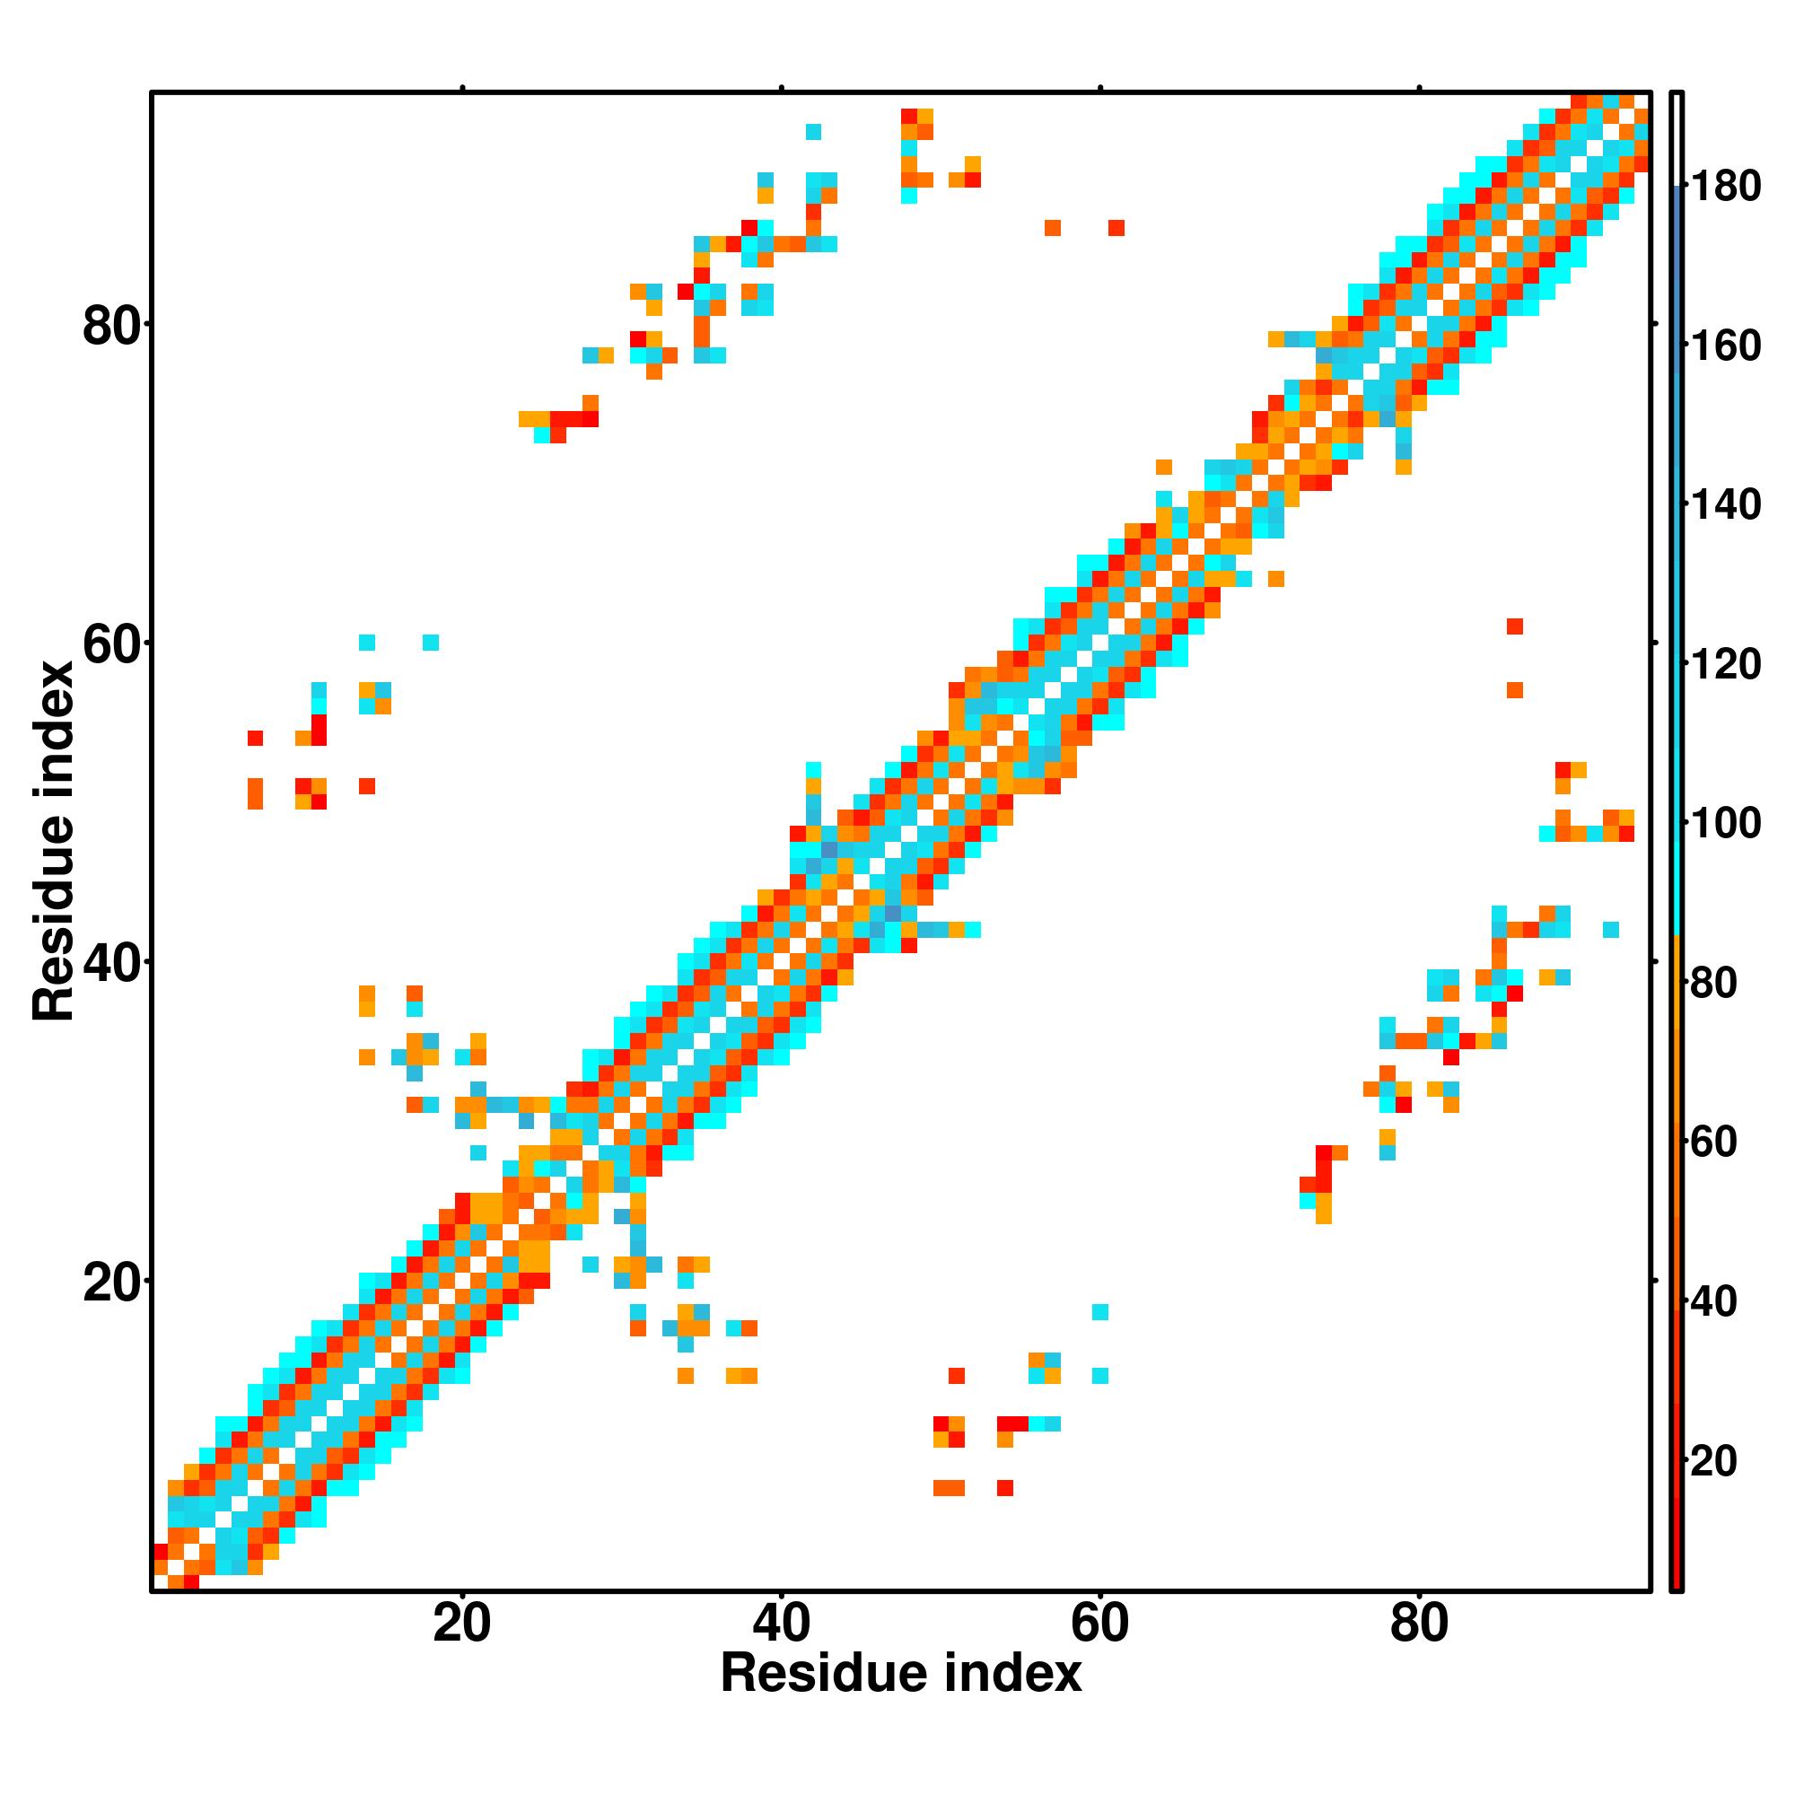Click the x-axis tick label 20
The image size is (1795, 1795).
461,1624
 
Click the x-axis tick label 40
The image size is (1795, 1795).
782,1624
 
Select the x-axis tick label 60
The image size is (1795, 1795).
1100,1624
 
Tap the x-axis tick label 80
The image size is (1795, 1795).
1419,1624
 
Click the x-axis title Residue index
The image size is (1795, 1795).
900,1674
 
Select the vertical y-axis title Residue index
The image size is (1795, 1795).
53,841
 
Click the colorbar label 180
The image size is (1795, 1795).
1725,187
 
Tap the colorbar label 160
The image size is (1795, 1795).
1725,346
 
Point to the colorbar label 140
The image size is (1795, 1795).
1725,505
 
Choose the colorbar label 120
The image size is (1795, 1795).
1725,664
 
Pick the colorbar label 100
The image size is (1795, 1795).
1725,823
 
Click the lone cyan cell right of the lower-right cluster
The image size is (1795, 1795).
1611,929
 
